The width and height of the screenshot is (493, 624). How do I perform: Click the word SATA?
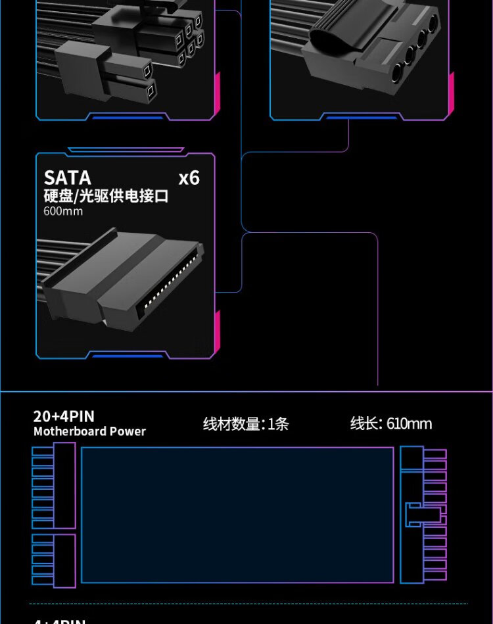(67, 178)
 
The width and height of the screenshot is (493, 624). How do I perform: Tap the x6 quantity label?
(189, 178)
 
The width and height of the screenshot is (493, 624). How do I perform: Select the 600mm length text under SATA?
(63, 211)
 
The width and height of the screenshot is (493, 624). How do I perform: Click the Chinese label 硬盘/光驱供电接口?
(106, 196)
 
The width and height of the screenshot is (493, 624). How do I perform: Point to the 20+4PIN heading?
(64, 416)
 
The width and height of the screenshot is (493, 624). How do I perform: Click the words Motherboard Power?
(89, 431)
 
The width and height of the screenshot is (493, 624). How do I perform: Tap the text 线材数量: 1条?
(246, 424)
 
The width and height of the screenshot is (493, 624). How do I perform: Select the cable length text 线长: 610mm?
(391, 423)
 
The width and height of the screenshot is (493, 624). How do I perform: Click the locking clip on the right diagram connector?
(413, 515)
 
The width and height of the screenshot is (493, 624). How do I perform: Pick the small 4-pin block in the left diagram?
(54, 558)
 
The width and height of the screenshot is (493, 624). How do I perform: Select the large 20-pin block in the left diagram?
(54, 485)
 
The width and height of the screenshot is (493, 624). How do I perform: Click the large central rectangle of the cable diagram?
(237, 515)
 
